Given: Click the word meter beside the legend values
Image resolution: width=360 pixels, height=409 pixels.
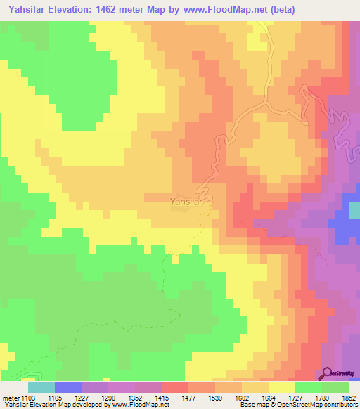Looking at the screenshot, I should point(9,397).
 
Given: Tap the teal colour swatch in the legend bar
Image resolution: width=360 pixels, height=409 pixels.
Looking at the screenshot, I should point(41,387).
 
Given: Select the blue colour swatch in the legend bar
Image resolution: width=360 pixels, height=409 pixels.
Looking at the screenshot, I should point(68,387).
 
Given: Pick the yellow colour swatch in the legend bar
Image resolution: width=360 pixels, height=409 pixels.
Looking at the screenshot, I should point(282,387).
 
